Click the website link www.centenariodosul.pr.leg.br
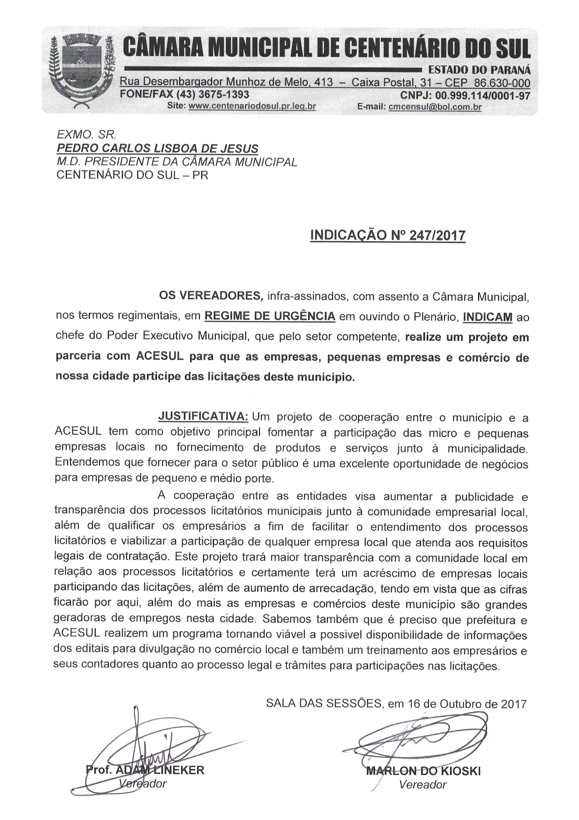(x=252, y=106)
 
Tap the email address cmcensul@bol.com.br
(x=435, y=107)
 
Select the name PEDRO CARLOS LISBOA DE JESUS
(x=157, y=149)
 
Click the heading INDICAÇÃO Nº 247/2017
(x=388, y=235)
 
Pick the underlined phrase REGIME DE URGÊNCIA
(x=270, y=316)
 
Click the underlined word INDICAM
(x=487, y=317)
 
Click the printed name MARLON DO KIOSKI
(x=423, y=770)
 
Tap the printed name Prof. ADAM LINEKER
(x=145, y=770)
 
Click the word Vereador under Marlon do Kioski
(x=423, y=784)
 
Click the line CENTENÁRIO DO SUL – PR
(x=132, y=175)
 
